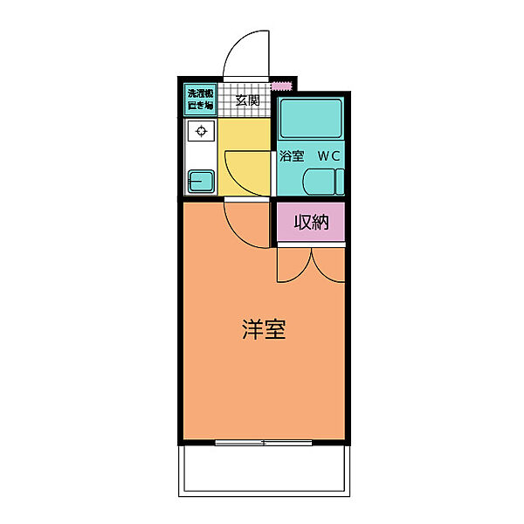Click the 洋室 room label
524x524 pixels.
(264, 329)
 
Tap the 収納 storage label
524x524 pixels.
(311, 222)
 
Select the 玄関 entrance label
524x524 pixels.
(247, 100)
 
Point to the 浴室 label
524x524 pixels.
(292, 155)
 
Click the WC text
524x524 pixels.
(329, 156)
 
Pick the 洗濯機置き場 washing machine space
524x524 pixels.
(200, 100)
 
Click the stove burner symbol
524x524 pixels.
(201, 131)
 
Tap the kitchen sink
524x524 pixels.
(201, 182)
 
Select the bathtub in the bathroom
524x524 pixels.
(311, 118)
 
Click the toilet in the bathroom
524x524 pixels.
(323, 182)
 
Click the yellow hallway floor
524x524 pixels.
(244, 156)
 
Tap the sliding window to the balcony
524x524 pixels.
(264, 443)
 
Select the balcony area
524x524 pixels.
(264, 471)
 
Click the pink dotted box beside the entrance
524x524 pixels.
(282, 86)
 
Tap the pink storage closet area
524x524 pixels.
(311, 222)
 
